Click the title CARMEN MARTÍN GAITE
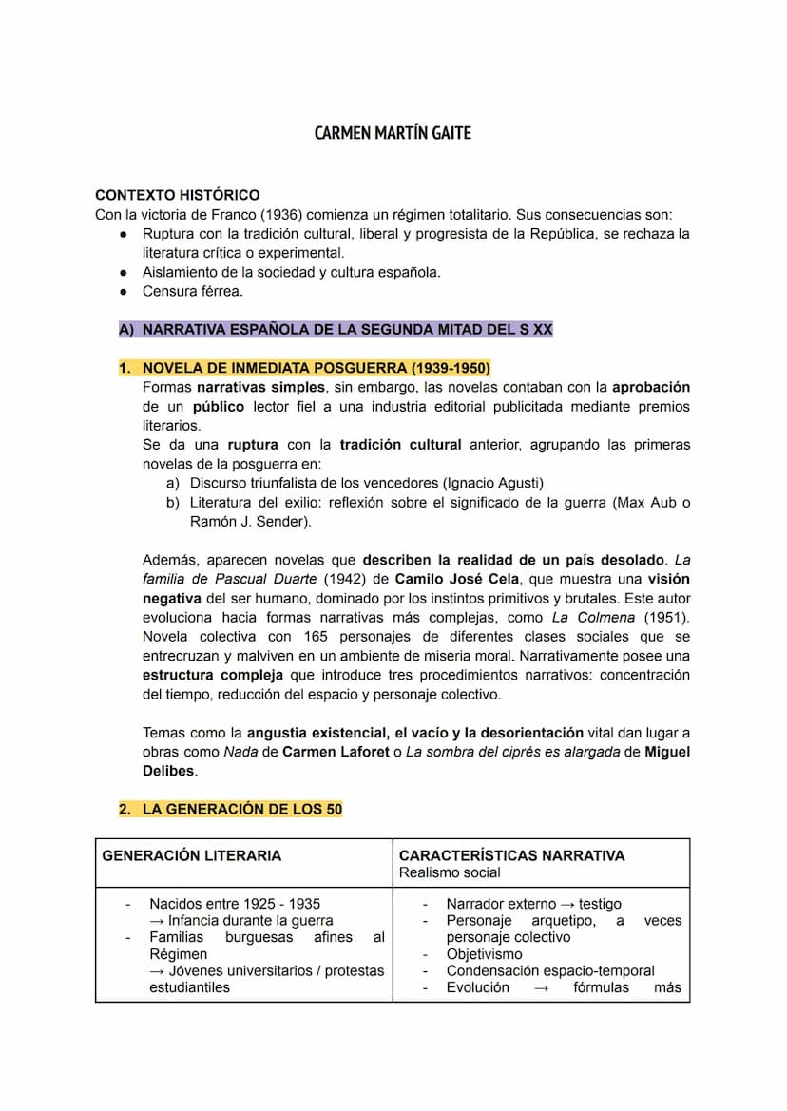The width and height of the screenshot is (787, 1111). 393,132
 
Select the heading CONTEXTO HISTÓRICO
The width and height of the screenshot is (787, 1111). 177,195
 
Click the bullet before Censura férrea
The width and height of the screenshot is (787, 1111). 124,292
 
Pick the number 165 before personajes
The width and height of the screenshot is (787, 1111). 317,637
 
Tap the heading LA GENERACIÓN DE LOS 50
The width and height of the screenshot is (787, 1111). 241,810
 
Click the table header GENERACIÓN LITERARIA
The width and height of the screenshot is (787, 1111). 192,855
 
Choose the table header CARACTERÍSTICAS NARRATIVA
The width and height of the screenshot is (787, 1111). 511,855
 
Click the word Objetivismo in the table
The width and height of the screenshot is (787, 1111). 484,954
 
